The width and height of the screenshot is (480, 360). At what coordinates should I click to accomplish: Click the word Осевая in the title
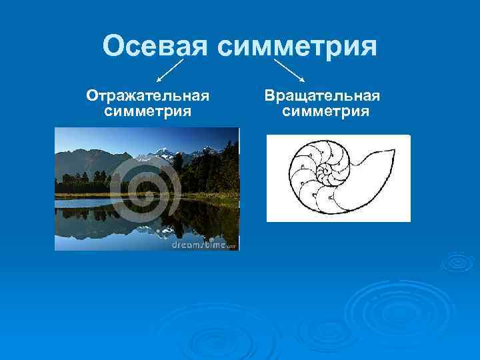(x=155, y=47)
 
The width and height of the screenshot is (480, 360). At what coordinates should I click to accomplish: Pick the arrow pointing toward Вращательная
(x=289, y=69)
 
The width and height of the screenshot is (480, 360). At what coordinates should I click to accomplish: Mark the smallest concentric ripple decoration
(x=457, y=261)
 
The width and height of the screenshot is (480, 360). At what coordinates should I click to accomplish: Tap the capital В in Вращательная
(x=269, y=96)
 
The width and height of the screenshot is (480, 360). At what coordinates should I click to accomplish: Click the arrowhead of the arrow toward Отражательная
(x=159, y=80)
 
